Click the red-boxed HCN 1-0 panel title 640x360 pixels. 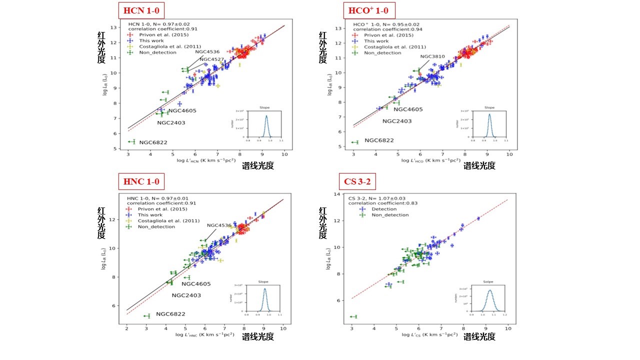[141, 10]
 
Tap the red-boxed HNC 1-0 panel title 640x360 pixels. [141, 182]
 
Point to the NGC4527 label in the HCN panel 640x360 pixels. [212, 59]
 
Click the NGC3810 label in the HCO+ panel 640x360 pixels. [432, 56]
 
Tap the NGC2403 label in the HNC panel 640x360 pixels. [186, 295]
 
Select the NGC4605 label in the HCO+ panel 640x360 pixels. [408, 109]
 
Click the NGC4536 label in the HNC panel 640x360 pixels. [219, 225]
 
